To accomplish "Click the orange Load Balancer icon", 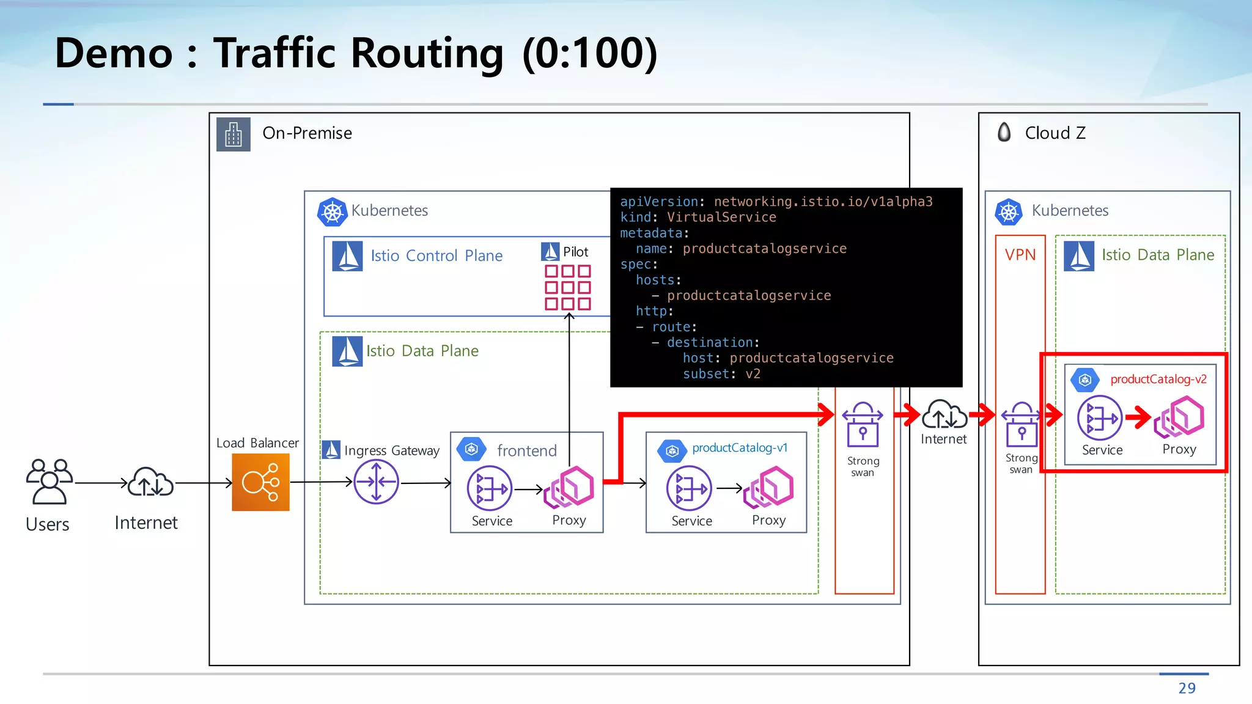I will click(x=260, y=482).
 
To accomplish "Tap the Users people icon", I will click(x=49, y=482).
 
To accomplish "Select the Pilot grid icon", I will click(x=568, y=287).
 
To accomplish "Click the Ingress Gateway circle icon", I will click(x=376, y=482).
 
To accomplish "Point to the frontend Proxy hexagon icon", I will click(x=570, y=487).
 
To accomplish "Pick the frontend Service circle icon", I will click(x=489, y=488).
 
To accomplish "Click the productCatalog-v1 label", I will click(x=740, y=448).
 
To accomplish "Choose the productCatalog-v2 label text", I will click(x=1158, y=379).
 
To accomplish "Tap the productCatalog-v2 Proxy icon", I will click(x=1180, y=417).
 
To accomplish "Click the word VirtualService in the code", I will click(x=721, y=218).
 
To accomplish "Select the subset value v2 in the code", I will click(x=753, y=374).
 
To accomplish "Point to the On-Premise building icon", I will click(x=234, y=134).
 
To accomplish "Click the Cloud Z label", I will click(x=1055, y=133).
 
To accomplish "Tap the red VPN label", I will click(x=1020, y=255).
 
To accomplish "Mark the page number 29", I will click(x=1187, y=688).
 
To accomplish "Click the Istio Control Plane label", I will click(x=436, y=255).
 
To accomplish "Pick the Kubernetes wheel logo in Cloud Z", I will click(x=1009, y=211).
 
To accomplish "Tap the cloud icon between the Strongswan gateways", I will click(x=944, y=414).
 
